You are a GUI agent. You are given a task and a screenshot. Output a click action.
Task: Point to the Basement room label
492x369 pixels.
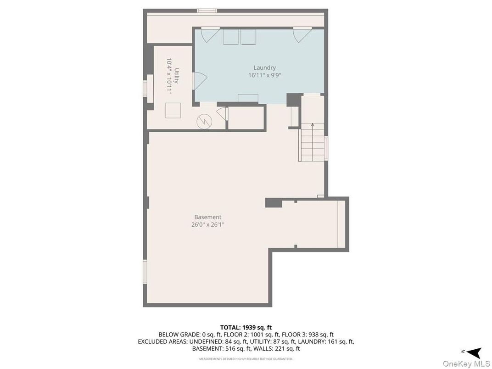coord(207,217)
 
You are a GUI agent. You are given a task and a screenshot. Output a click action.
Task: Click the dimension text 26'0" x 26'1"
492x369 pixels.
coord(207,225)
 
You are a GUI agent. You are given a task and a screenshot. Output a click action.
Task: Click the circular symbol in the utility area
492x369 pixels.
coord(203,121)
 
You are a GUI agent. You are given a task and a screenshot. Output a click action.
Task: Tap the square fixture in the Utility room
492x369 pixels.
coord(173,111)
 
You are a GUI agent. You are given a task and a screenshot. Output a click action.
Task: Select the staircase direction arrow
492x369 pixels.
coord(313,125)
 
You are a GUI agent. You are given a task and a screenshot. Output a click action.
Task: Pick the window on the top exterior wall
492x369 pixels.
coord(207,11)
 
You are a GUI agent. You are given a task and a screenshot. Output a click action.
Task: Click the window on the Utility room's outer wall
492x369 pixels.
coord(145,88)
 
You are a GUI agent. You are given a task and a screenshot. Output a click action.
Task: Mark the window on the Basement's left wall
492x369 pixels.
coord(145,271)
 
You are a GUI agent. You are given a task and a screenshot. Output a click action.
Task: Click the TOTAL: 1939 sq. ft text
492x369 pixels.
coord(246,327)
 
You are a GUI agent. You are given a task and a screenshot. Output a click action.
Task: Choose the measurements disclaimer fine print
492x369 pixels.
coord(246,359)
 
